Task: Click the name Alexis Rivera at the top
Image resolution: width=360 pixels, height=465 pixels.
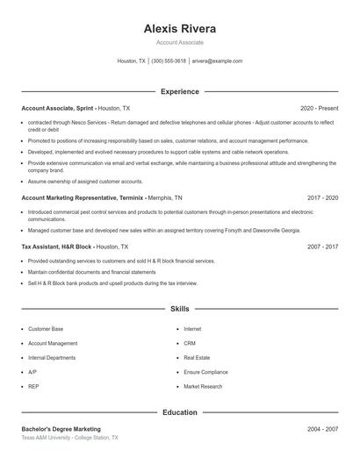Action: pyautogui.click(x=179, y=28)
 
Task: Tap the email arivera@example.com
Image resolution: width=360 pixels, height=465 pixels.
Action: pyautogui.click(x=217, y=61)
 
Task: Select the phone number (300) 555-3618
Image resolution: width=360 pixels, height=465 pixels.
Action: pyautogui.click(x=169, y=61)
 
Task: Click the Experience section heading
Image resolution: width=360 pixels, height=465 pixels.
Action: pyautogui.click(x=179, y=91)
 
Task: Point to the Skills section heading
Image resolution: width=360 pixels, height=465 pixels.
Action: pyautogui.click(x=179, y=309)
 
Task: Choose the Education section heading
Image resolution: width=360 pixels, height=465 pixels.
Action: pyautogui.click(x=179, y=411)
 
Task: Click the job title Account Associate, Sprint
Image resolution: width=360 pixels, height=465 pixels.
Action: pyautogui.click(x=57, y=108)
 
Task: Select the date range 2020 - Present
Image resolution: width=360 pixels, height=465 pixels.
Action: pyautogui.click(x=319, y=108)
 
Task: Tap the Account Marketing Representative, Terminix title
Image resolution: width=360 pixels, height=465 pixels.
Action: pyautogui.click(x=82, y=198)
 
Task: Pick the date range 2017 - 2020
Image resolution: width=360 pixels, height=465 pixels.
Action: pyautogui.click(x=322, y=198)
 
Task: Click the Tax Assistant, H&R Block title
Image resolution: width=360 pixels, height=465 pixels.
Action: pyautogui.click(x=58, y=247)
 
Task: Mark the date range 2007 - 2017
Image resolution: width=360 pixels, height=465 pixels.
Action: pyautogui.click(x=322, y=247)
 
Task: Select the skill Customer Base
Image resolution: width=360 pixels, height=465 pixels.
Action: pyautogui.click(x=46, y=329)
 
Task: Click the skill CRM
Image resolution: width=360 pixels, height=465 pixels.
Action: pyautogui.click(x=190, y=343)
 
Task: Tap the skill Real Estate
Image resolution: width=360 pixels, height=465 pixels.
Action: pyautogui.click(x=197, y=357)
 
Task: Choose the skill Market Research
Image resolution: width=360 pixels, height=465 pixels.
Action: pyautogui.click(x=203, y=386)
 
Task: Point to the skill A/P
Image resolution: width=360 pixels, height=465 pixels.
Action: pyautogui.click(x=32, y=372)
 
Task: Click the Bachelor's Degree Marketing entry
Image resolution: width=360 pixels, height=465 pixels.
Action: pyautogui.click(x=61, y=429)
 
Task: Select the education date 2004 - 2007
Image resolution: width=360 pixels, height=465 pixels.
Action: pyautogui.click(x=322, y=429)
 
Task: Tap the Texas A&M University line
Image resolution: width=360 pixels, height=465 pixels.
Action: pyautogui.click(x=69, y=437)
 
